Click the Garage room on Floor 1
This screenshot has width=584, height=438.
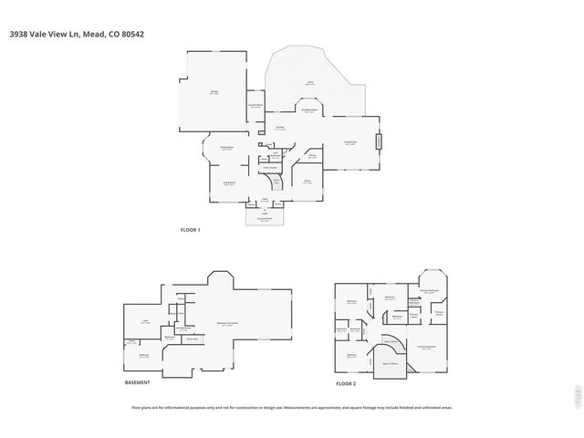[214, 92]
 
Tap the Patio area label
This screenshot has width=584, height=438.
[309, 83]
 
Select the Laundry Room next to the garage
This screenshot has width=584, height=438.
[255, 105]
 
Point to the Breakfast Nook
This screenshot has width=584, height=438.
[309, 110]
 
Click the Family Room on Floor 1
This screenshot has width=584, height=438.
[349, 142]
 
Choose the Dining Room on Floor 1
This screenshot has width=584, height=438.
[227, 147]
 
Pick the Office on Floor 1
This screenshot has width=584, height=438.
[308, 182]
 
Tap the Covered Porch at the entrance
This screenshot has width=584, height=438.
[264, 219]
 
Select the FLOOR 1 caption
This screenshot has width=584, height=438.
[190, 230]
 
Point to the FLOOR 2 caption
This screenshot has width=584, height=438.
[345, 384]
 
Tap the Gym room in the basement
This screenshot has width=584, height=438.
[145, 321]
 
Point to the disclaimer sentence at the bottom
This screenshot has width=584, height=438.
[292, 408]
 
